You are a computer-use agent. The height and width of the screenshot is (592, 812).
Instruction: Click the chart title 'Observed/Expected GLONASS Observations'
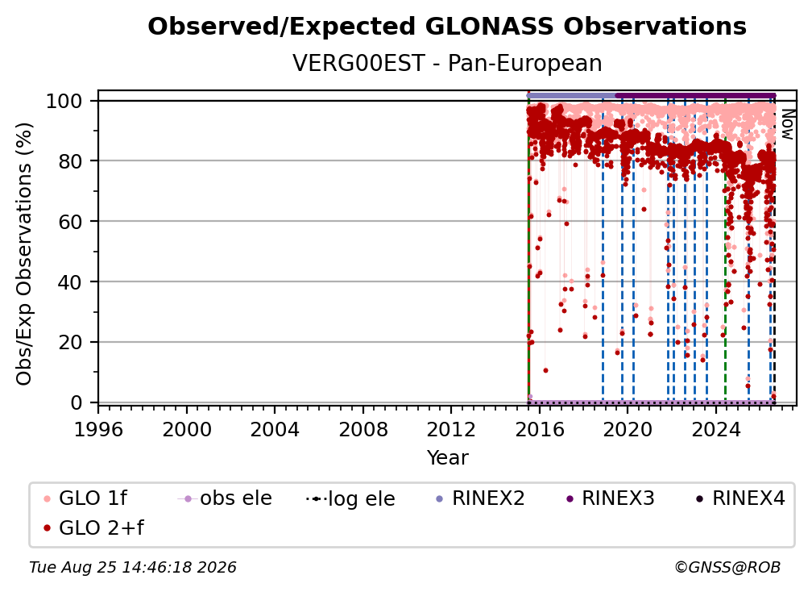pos(447,27)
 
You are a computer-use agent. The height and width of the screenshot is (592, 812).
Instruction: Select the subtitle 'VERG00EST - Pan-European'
pos(447,63)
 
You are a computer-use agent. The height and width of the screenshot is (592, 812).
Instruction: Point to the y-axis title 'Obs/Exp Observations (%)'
pos(24,254)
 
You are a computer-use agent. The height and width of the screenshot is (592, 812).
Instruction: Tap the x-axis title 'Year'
pos(447,458)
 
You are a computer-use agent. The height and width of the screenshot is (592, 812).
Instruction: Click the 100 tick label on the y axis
pos(64,101)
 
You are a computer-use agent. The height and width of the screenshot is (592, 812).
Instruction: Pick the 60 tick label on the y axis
pos(70,222)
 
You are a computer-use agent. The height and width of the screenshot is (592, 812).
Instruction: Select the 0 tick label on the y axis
pos(77,402)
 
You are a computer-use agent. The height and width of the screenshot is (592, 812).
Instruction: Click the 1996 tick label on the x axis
pos(98,430)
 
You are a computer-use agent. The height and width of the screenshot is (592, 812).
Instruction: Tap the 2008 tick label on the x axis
pos(363,430)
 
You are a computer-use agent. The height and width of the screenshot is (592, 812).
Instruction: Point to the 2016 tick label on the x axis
pos(540,430)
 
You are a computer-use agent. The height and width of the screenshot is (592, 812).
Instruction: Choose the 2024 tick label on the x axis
pos(715,430)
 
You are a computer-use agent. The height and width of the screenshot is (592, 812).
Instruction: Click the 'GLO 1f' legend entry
pos(85,498)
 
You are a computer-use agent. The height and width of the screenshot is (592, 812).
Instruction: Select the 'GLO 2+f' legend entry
pos(93,527)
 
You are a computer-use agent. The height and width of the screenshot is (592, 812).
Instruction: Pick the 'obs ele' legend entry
pos(224,498)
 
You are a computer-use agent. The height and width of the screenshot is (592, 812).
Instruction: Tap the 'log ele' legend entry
pos(350,498)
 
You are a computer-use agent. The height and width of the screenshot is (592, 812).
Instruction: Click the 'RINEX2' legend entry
pos(480,498)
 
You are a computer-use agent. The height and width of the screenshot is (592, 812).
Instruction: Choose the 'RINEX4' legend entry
pos(740,498)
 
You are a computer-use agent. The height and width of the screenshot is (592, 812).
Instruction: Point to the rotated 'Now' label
pos(787,124)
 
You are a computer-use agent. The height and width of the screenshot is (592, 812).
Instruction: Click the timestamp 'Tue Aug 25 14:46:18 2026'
pos(133,567)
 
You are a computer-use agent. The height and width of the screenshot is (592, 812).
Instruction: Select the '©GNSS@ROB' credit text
pos(727,567)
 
